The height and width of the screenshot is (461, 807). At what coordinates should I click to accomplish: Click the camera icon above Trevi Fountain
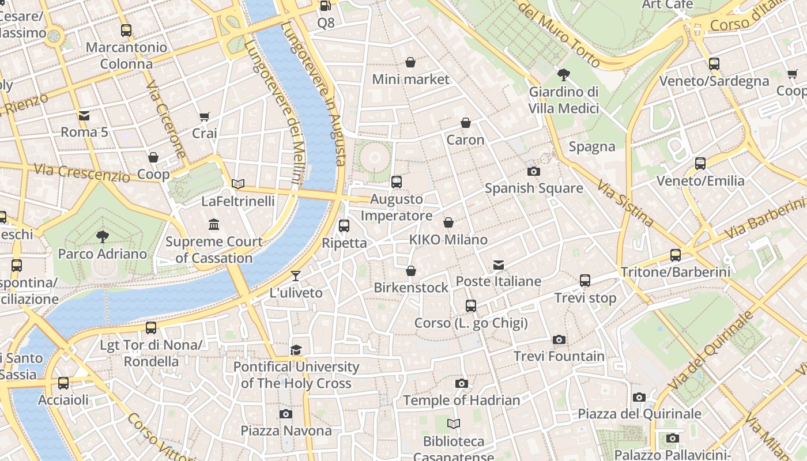559,340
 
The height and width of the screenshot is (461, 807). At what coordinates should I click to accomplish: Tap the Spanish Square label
533,188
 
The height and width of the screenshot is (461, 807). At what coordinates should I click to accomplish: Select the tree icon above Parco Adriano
103,236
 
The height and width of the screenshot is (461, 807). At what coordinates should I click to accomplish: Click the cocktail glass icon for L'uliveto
296,276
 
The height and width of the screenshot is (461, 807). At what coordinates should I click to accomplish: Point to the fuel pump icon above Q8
326,6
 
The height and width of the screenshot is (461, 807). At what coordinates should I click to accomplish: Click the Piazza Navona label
286,430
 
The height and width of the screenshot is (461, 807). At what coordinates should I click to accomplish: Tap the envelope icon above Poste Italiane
499,265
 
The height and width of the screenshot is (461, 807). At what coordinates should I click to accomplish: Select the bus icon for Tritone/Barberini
675,255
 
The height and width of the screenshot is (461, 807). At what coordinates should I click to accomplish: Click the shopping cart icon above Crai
204,117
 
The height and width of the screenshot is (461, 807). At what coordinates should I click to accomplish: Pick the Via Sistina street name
625,203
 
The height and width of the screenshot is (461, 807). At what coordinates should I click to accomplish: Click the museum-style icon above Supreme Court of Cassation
214,224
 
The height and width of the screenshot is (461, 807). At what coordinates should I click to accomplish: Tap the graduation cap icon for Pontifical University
296,350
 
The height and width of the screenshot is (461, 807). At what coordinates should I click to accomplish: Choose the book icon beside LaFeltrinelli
238,184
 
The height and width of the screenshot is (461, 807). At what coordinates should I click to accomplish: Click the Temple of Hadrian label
461,400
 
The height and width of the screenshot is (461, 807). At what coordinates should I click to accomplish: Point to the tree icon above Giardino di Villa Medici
564,74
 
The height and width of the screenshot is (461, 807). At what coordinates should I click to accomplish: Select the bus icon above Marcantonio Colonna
126,31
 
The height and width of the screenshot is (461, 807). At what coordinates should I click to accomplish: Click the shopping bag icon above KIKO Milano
448,222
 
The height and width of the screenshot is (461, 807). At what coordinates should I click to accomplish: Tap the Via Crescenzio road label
81,172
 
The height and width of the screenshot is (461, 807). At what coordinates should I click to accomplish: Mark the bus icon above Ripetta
344,226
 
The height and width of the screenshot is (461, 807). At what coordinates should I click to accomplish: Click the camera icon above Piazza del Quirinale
639,397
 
